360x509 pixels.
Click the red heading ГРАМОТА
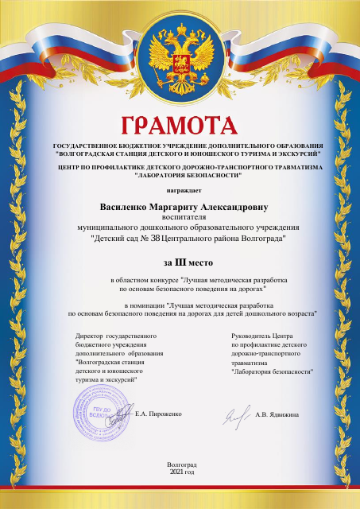click(x=180, y=126)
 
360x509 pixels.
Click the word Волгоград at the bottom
click(x=181, y=464)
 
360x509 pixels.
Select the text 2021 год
click(x=181, y=472)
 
